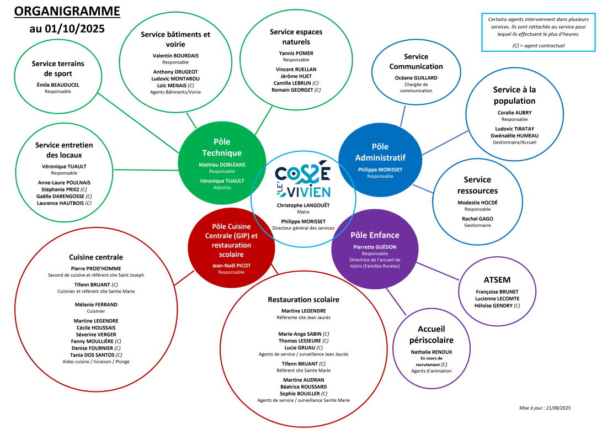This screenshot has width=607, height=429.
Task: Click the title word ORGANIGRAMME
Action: pos(66,11)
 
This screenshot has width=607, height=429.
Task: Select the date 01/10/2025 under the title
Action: pos(79,28)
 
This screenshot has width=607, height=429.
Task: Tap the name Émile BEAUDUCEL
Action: pos(58,84)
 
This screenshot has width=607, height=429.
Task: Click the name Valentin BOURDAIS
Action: pos(175,56)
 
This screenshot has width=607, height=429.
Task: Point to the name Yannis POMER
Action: pos(296,53)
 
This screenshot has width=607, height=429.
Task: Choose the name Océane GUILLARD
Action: pos(416,78)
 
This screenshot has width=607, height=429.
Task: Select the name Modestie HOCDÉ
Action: pos(477,203)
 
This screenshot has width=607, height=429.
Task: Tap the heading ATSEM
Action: pos(497,279)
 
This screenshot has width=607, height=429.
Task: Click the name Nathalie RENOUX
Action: pos(431,352)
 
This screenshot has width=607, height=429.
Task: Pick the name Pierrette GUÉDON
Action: pos(375,247)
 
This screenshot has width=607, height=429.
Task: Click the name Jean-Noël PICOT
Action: pos(231,265)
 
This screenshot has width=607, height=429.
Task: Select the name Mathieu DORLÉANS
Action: pos(222,165)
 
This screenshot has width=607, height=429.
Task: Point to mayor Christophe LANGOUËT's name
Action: pos(303,205)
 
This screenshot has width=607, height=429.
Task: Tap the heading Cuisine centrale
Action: pos(96,257)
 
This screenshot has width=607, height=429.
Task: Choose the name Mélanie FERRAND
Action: pos(96,304)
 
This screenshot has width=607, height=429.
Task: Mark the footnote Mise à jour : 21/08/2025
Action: pos(544,407)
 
